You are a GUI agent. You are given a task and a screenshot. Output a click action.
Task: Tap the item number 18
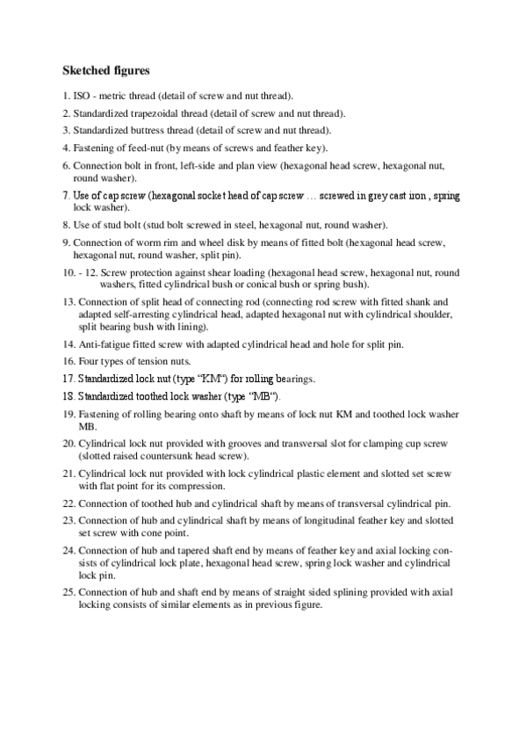point(68,396)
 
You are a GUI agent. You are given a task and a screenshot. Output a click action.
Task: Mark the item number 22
point(68,503)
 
